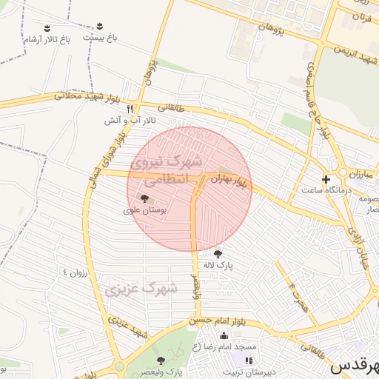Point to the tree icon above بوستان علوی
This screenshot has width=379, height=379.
point(143,198)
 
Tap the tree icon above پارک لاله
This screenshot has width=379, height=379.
point(217,254)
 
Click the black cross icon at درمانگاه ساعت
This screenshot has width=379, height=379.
point(326,179)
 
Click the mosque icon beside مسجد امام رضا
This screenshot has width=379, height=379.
point(224,336)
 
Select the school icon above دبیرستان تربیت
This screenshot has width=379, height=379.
point(249,360)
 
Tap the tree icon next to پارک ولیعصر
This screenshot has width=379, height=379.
point(181,360)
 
